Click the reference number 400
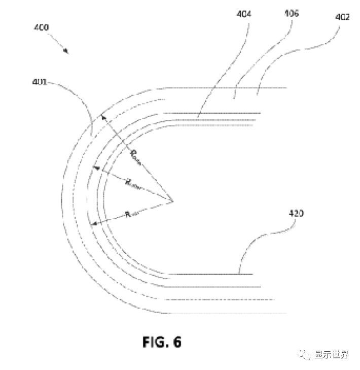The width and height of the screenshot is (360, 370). (41, 27)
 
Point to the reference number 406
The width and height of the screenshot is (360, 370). (291, 14)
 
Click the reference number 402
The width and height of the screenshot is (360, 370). (342, 17)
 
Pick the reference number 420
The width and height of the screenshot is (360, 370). (296, 214)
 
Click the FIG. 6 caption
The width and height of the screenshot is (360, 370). (162, 342)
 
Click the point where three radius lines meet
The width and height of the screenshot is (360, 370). (173, 201)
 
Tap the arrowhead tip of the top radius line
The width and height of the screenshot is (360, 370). (102, 115)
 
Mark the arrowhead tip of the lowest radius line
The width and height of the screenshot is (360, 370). (90, 223)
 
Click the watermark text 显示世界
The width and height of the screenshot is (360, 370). (332, 355)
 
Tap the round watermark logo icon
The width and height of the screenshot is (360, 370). (306, 355)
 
